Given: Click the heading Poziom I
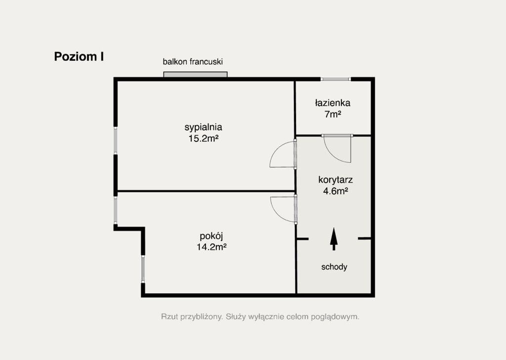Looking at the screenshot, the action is pos(79,56).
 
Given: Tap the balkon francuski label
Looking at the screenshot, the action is pos(193,62).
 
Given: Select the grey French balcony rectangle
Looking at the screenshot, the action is pos(195,75).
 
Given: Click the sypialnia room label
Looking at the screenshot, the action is pos(203,127).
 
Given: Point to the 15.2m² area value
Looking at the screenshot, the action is pos(204,138).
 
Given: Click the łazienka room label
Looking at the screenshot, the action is pos(333,103).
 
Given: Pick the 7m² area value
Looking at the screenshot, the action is pos(333,114).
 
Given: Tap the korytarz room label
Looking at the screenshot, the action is pos(336,180).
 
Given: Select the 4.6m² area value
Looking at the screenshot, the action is pos(336,191).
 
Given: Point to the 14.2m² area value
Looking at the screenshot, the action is pos(211,247).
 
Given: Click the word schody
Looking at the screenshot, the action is pos(335,267).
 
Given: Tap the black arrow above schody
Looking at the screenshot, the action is pos(334,239).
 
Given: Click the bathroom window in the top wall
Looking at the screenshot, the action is pos(336,79).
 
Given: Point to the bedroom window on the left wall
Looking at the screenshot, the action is pos(116,140).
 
